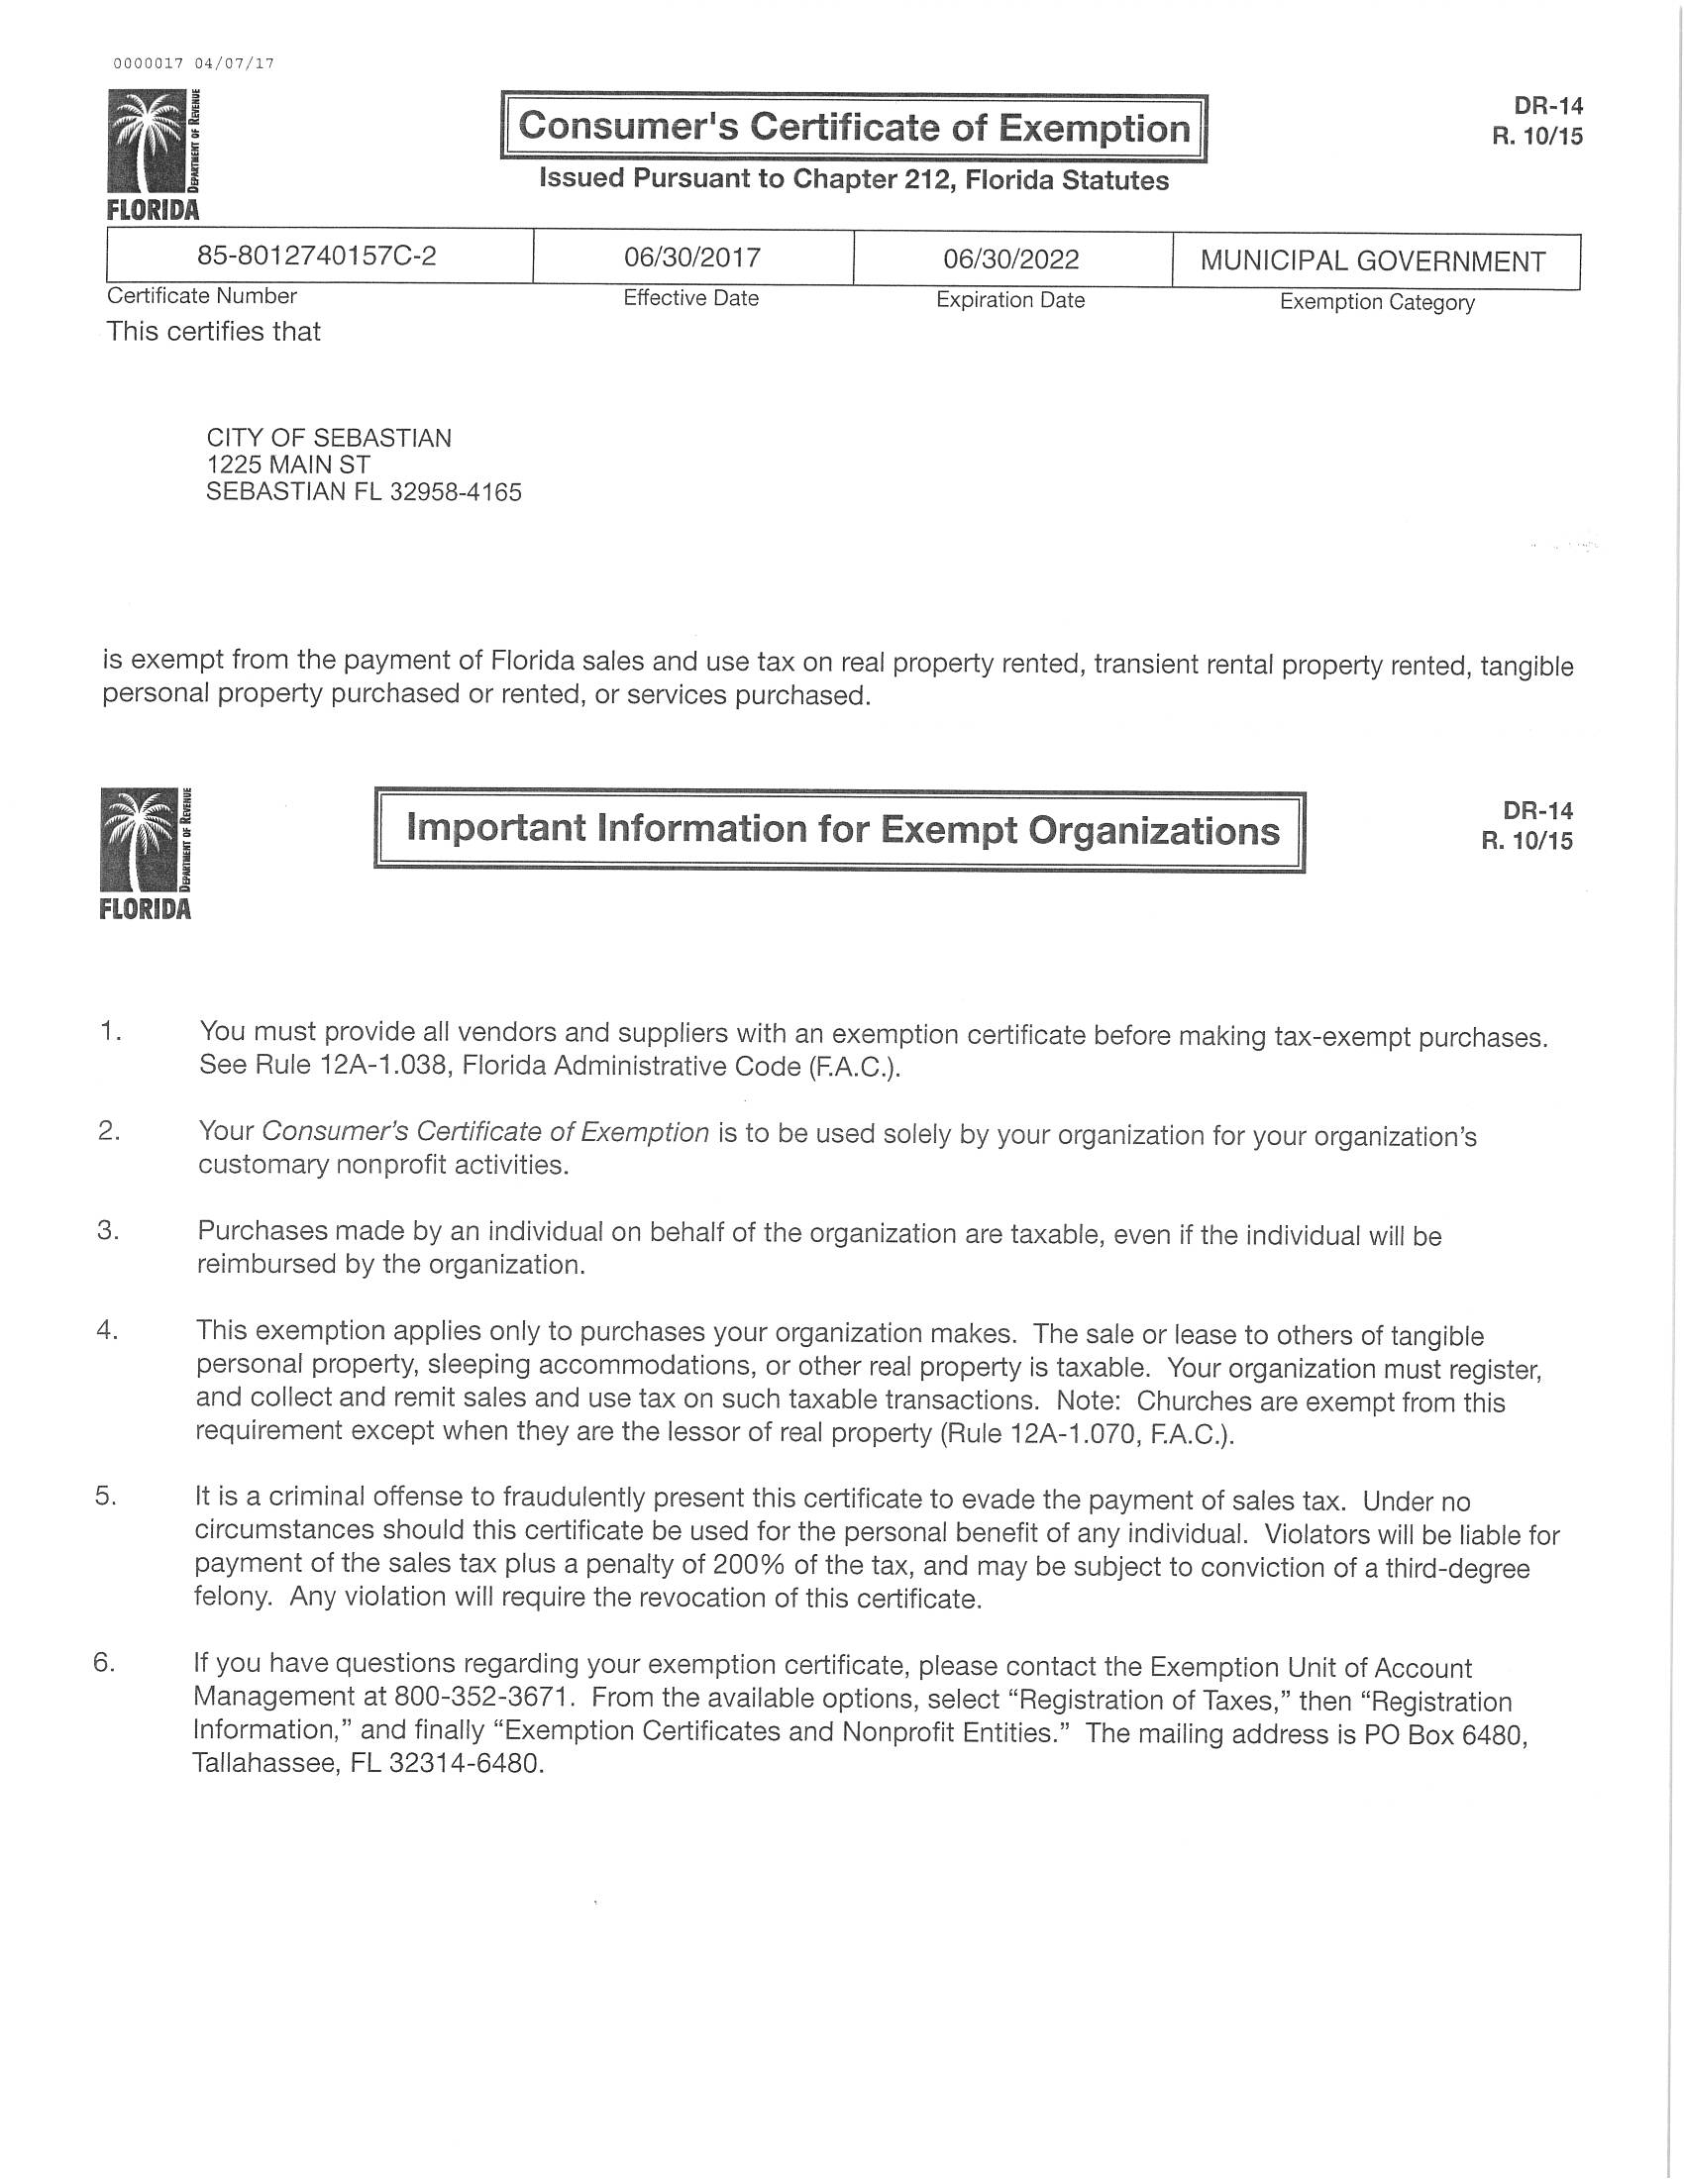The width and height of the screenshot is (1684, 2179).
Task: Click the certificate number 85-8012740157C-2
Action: coord(316,257)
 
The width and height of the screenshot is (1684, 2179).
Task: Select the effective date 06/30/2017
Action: coord(692,259)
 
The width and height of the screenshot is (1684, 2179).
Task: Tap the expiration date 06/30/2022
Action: coord(1011,260)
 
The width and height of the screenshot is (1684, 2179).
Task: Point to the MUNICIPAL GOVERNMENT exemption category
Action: coord(1373,261)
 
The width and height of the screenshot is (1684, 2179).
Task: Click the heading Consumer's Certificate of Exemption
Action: coord(854,128)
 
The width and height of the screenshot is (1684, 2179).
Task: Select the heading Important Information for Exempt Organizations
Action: coord(843,830)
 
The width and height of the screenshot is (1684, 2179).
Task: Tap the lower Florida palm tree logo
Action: coord(145,850)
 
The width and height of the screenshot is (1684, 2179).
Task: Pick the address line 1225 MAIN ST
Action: coord(288,465)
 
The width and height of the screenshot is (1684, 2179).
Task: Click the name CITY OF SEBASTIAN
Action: coord(328,438)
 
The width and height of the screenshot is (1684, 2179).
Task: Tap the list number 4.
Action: coord(107,1330)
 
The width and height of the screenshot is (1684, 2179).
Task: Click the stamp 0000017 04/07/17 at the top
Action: coord(193,63)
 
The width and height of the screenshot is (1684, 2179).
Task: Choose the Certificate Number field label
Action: coord(201,296)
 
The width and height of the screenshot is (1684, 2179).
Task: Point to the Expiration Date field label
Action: coord(1009,300)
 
